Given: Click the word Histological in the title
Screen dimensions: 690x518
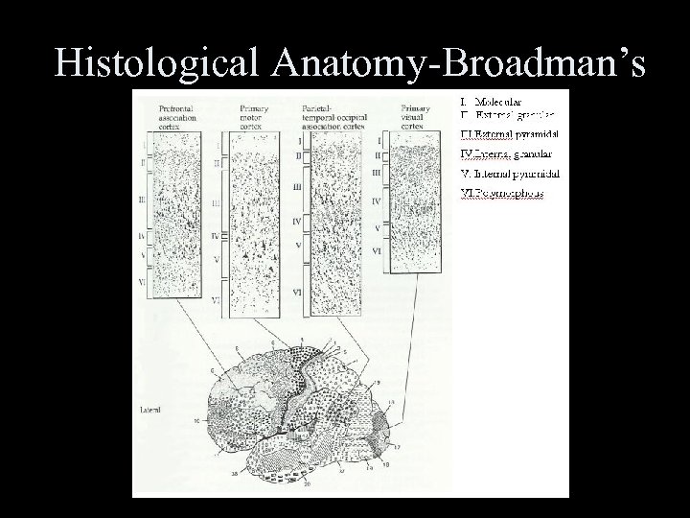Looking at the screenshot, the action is pos(159,63).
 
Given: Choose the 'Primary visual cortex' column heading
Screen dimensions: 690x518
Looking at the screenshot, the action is pos(413,115).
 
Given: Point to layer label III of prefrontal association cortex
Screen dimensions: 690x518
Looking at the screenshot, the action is pos(141,200).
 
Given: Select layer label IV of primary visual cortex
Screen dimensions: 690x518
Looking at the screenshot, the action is pos(377,201).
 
